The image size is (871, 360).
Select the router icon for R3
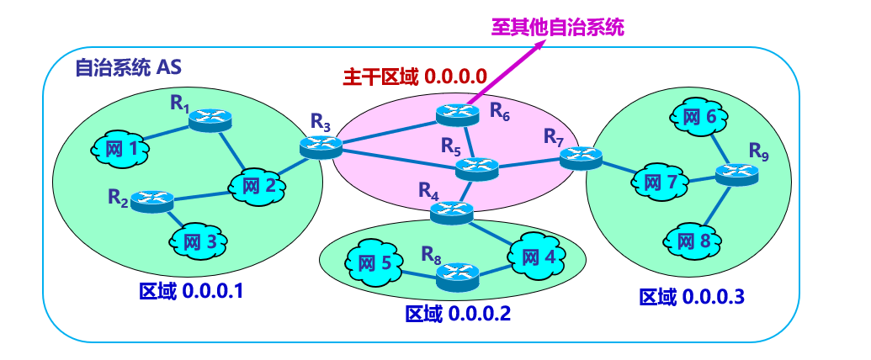coord(321,146)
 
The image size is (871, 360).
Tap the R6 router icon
coord(457,114)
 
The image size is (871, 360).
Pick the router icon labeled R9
coord(736,174)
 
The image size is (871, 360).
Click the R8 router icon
coord(457,277)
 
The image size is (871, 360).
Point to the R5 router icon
coord(476,168)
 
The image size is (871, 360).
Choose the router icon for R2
coord(152,200)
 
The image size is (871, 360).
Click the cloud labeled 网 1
coord(120,149)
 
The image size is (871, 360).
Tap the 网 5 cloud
coord(374,262)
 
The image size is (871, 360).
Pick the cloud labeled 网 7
coord(660,182)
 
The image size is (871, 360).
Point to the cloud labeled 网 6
coord(698,117)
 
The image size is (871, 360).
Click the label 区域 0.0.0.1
coord(192,290)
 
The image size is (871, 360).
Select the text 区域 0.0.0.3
coord(692,297)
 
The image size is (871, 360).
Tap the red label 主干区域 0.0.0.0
coord(415,76)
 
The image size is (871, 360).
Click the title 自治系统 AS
coord(128,68)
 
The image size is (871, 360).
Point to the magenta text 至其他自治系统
coord(558,27)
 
